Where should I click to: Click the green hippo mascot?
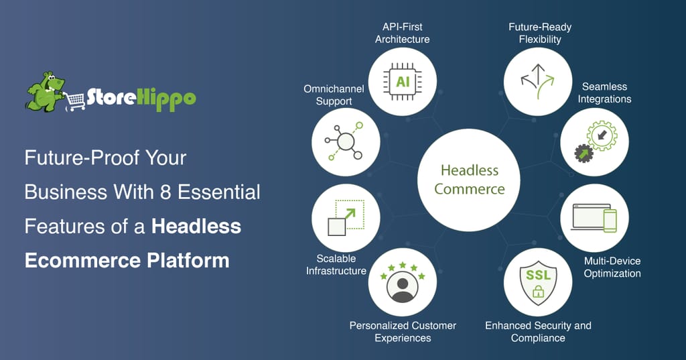coord(45,91)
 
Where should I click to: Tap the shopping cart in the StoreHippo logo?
coord(75,101)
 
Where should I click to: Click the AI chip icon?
coord(403,82)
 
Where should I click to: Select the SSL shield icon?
coord(538,282)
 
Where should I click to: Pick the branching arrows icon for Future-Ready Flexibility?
coord(538,81)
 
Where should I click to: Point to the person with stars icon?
coord(403,282)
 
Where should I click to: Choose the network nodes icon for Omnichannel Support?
coord(345,141)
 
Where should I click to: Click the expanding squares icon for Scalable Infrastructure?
coord(346,218)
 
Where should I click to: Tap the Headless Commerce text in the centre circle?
coord(469,180)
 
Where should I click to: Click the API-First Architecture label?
coord(403,33)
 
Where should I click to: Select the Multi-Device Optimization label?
coord(612,267)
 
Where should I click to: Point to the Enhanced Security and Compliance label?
coord(538,332)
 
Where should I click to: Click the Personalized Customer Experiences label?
coord(403,332)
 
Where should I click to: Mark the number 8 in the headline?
coord(165,192)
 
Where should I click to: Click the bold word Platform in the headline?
coord(188,261)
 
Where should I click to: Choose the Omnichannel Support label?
coord(334,95)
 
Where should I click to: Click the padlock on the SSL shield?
coord(538,291)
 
